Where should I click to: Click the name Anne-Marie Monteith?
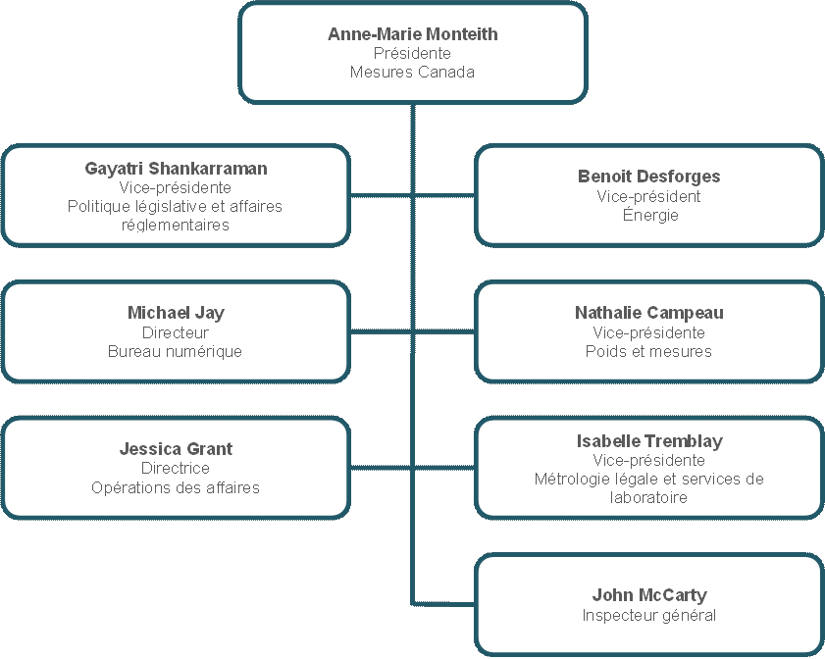[x=412, y=34]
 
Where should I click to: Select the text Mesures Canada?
[x=412, y=72]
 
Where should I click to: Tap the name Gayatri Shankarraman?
[x=176, y=169]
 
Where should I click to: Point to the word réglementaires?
[x=176, y=226]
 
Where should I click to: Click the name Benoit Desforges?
[x=648, y=177]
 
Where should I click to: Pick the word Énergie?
[x=650, y=214]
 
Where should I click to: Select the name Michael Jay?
[x=176, y=313]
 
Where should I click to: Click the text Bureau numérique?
[x=176, y=351]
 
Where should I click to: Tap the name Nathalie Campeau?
[x=648, y=313]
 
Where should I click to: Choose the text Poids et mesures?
[x=648, y=351]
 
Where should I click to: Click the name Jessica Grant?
[x=176, y=449]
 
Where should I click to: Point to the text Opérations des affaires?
[x=176, y=487]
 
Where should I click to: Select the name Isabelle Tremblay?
[x=649, y=441]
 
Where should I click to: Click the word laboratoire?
[x=648, y=497]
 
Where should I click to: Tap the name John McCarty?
[x=649, y=595]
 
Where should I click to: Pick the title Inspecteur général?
[x=648, y=615]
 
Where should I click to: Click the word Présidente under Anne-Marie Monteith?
[x=412, y=53]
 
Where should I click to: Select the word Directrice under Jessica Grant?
[x=176, y=468]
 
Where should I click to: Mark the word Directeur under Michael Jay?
[x=176, y=332]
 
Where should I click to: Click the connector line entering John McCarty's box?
[x=443, y=604]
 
